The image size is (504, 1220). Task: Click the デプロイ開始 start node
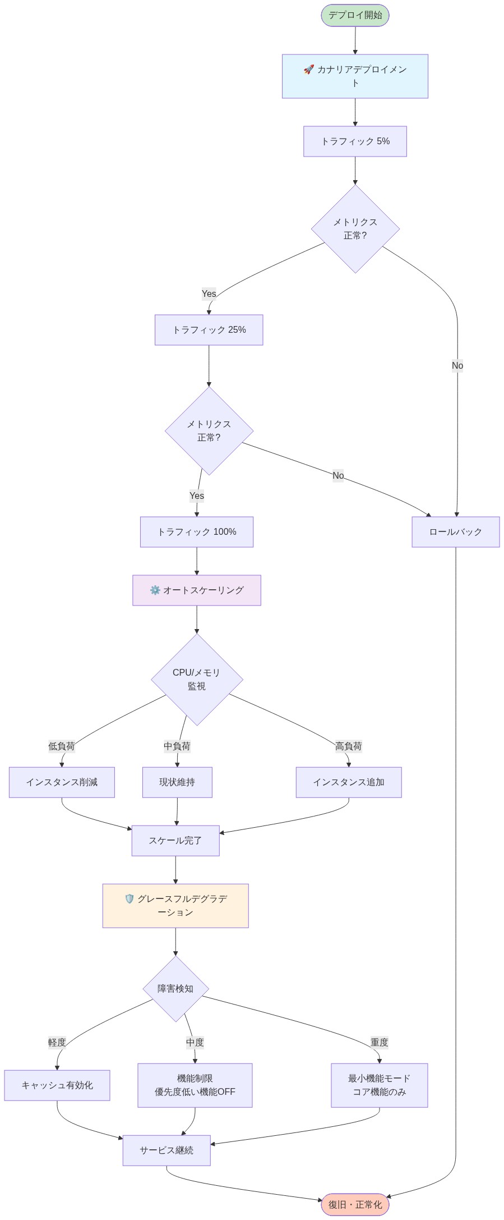pyautogui.click(x=355, y=15)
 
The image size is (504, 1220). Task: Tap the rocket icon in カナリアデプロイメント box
pyautogui.click(x=308, y=70)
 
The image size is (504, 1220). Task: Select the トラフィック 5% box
pyautogui.click(x=355, y=141)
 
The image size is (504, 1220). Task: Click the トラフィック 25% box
pyautogui.click(x=209, y=330)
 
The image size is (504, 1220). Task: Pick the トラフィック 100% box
pyautogui.click(x=196, y=532)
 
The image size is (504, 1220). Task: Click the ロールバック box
pyautogui.click(x=455, y=532)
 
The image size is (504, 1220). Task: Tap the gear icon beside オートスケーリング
pyautogui.click(x=155, y=590)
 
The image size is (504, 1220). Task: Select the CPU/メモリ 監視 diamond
pyautogui.click(x=197, y=679)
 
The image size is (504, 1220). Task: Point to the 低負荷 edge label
pyautogui.click(x=61, y=746)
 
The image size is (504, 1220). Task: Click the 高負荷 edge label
pyautogui.click(x=348, y=746)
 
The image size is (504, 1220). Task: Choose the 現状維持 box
pyautogui.click(x=177, y=782)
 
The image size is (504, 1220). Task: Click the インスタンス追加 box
pyautogui.click(x=349, y=782)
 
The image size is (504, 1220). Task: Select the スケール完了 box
pyautogui.click(x=175, y=841)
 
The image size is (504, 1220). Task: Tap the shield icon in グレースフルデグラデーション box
pyautogui.click(x=130, y=899)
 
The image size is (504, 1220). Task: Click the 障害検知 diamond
pyautogui.click(x=175, y=989)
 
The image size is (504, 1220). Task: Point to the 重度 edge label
pyautogui.click(x=379, y=1043)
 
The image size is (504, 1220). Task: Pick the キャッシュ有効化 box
pyautogui.click(x=57, y=1085)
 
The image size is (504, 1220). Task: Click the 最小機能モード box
pyautogui.click(x=379, y=1085)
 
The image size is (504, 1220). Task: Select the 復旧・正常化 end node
pyautogui.click(x=355, y=1205)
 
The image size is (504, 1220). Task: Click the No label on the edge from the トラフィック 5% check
pyautogui.click(x=457, y=366)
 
